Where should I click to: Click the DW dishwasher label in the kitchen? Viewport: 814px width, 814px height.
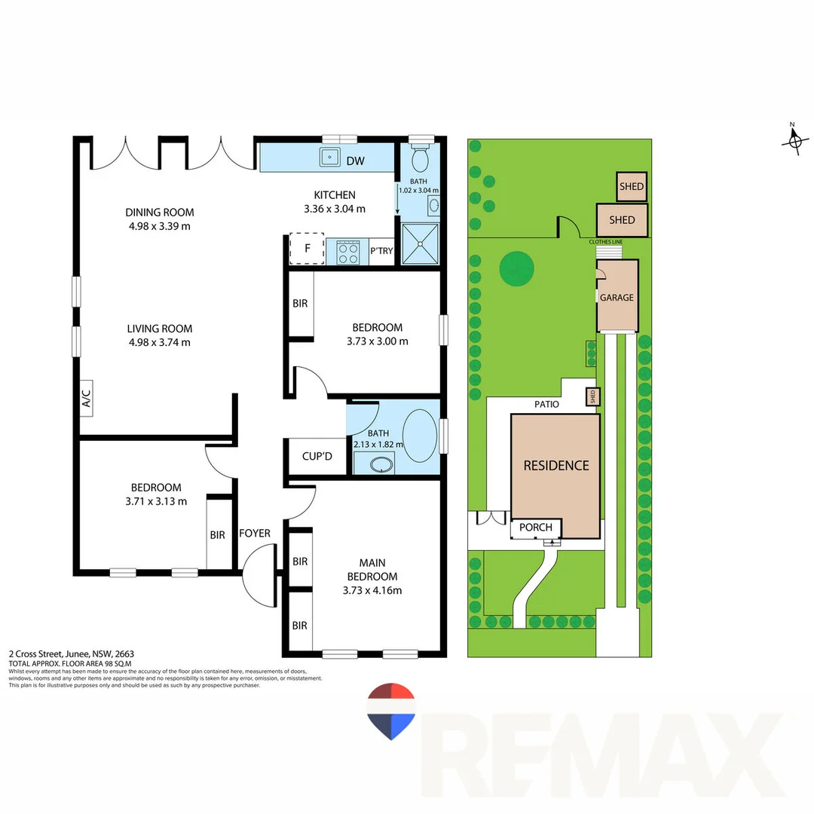[354, 160]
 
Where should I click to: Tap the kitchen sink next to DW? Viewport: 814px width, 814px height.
[329, 158]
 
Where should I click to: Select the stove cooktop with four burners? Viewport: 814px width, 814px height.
[347, 252]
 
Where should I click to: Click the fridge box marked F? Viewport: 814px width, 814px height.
[307, 249]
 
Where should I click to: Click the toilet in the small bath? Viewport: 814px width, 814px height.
[419, 158]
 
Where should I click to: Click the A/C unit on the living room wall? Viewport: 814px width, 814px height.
[86, 398]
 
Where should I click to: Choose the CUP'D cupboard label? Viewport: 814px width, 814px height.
[317, 456]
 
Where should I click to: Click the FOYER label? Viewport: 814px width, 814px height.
[255, 534]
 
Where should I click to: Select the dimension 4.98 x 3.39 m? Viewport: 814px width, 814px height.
[159, 226]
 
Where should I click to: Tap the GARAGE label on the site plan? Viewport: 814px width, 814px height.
[617, 298]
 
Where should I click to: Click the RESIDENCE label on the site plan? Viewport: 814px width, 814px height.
[556, 465]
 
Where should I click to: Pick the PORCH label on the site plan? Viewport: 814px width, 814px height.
[536, 527]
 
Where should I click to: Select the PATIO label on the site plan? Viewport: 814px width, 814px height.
[547, 404]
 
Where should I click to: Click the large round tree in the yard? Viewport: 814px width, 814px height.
[517, 268]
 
